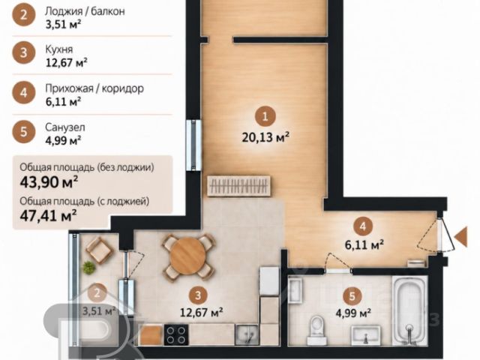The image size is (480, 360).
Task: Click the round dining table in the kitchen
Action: pyautogui.click(x=187, y=256)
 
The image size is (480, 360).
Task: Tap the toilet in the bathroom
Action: pyautogui.click(x=316, y=330)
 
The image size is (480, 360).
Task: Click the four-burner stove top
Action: pyautogui.click(x=176, y=334)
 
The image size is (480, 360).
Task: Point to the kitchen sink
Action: pyautogui.click(x=247, y=334)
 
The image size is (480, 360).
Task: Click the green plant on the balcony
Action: pyautogui.click(x=89, y=267)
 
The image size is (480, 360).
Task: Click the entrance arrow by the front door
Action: pyautogui.click(x=460, y=237)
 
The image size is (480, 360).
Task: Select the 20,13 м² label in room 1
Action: pyautogui.click(x=265, y=137)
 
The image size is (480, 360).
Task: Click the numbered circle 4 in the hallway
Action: pyautogui.click(x=363, y=226)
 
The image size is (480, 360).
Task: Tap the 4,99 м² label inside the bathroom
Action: pyautogui.click(x=353, y=313)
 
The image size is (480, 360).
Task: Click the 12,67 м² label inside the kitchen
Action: pyautogui.click(x=201, y=312)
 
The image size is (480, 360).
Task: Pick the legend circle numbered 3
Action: pyautogui.click(x=24, y=52)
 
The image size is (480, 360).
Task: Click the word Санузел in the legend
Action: pyautogui.click(x=65, y=127)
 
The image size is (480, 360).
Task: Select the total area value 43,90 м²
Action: pyautogui.click(x=48, y=181)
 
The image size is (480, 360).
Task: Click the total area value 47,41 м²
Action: pyautogui.click(x=48, y=215)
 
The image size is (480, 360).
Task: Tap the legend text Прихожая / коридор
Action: pyautogui.click(x=94, y=88)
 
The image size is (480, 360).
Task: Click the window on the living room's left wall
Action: pyautogui.click(x=193, y=145)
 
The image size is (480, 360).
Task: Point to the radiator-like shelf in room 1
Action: pyautogui.click(x=238, y=185)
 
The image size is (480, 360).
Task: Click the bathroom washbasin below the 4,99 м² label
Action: pyautogui.click(x=365, y=335)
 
